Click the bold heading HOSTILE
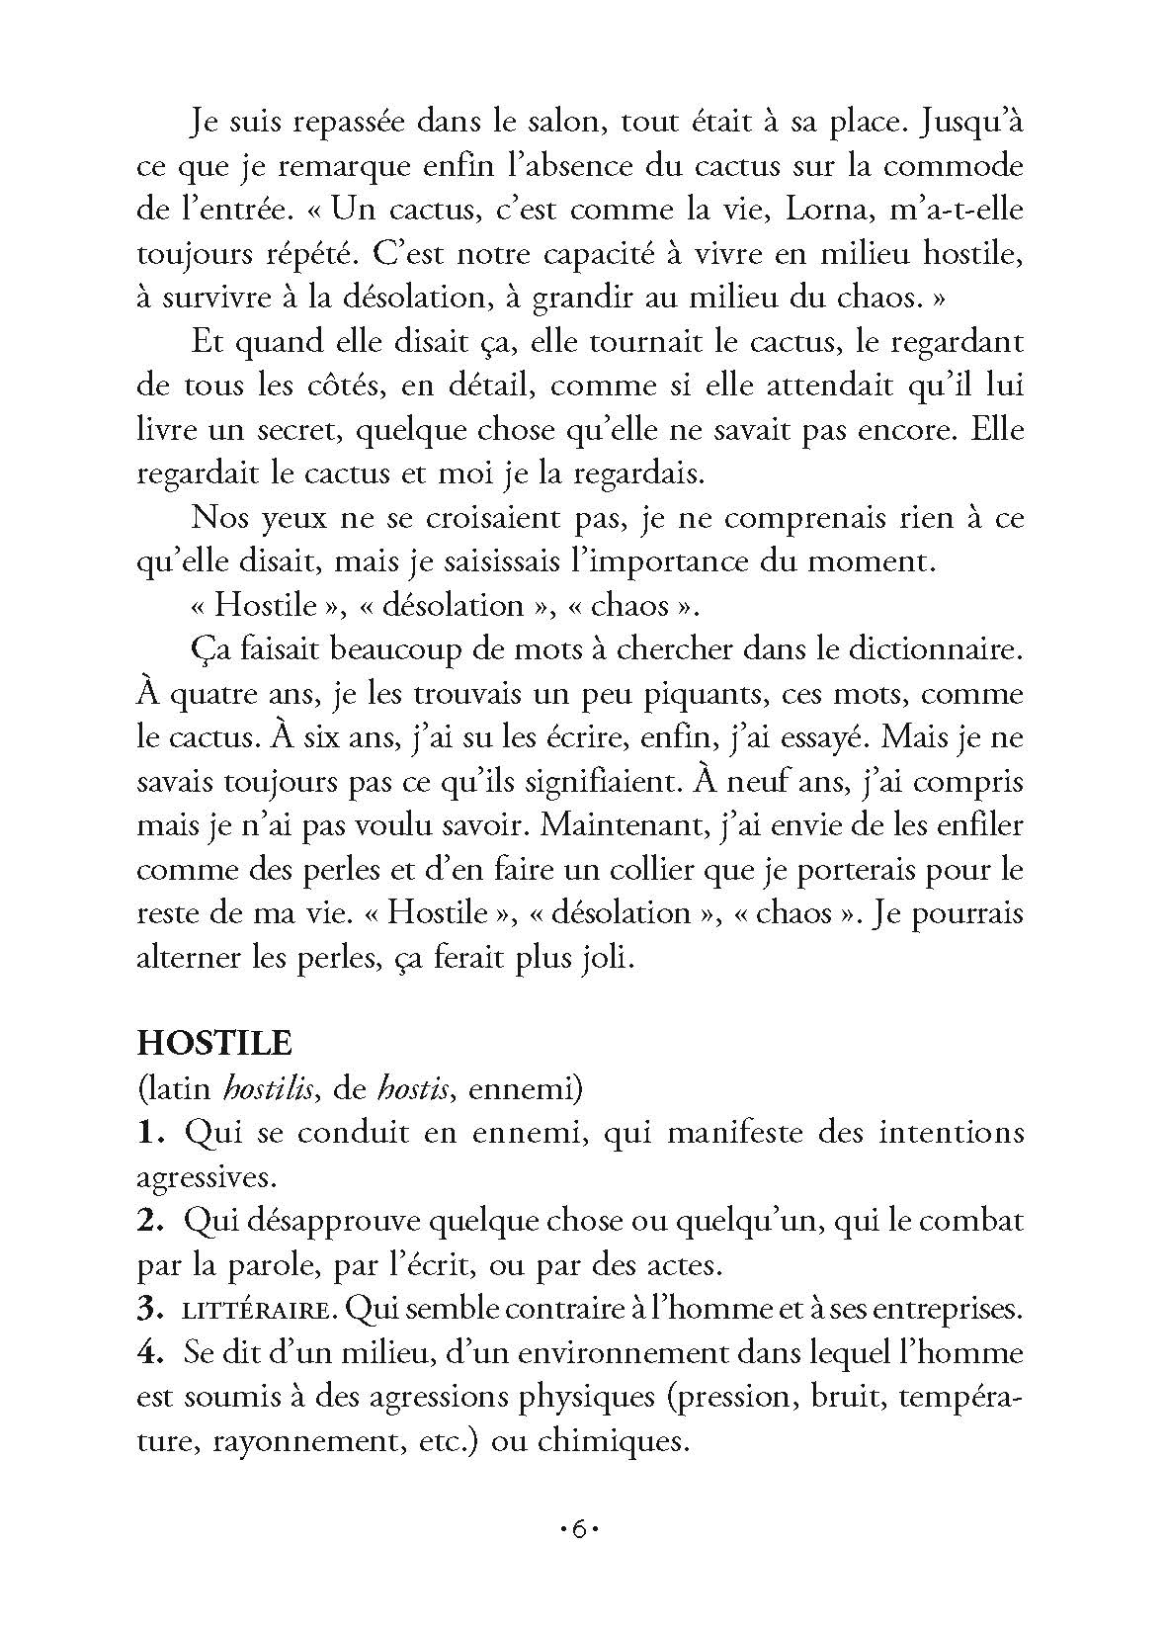click(x=213, y=1045)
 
